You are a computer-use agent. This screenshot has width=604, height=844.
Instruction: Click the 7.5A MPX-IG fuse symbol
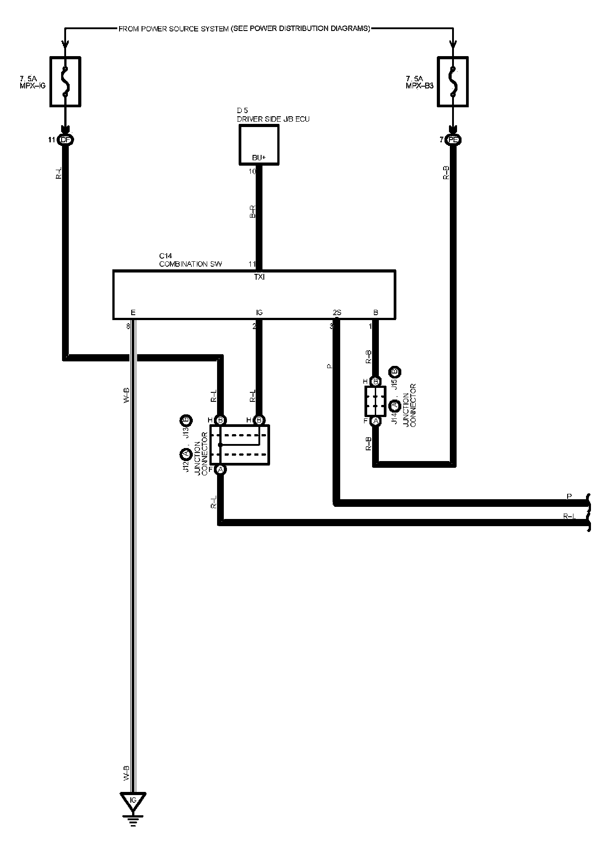click(65, 81)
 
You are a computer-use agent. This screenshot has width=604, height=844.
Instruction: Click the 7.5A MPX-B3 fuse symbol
click(453, 81)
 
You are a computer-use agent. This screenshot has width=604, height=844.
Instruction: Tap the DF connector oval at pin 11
click(66, 140)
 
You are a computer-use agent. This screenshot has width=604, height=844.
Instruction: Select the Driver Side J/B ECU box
click(258, 144)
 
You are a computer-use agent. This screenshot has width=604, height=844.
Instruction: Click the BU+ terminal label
click(258, 158)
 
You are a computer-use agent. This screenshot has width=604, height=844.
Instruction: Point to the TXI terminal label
click(259, 277)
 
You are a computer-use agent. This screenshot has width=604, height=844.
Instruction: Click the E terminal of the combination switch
click(133, 312)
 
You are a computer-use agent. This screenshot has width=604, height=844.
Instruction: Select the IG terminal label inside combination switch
click(259, 312)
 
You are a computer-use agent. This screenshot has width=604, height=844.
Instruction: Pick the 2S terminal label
click(337, 312)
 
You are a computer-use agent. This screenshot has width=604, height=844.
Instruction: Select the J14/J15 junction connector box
click(375, 401)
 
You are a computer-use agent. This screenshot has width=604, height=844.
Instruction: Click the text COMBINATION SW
click(191, 264)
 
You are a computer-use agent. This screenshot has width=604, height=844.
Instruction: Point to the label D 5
click(242, 110)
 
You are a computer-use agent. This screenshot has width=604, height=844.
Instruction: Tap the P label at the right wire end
click(569, 496)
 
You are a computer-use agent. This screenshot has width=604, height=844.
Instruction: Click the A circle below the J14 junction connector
click(375, 421)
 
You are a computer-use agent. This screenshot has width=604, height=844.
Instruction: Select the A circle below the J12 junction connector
click(220, 470)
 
